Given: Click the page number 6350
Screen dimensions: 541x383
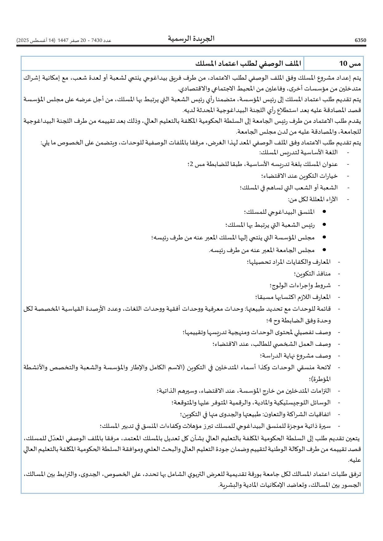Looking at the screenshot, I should (x=360, y=40).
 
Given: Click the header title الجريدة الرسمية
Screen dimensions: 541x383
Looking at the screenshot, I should (x=191, y=39).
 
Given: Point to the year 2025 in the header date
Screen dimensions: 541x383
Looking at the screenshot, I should (x=23, y=40).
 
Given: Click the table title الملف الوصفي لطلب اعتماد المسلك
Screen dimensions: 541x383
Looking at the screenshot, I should (x=245, y=64).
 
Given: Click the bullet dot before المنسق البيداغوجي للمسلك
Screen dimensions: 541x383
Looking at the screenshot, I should (x=315, y=212).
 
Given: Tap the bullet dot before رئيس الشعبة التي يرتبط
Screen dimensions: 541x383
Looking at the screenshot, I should (x=315, y=225).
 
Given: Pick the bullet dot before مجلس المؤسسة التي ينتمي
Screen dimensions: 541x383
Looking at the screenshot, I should (x=315, y=237).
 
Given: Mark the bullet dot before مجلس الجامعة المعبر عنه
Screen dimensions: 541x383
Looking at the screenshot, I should (x=315, y=250).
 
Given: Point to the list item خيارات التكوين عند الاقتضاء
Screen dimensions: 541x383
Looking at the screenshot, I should (x=299, y=176).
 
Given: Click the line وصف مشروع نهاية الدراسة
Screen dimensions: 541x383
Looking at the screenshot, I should (x=296, y=356).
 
